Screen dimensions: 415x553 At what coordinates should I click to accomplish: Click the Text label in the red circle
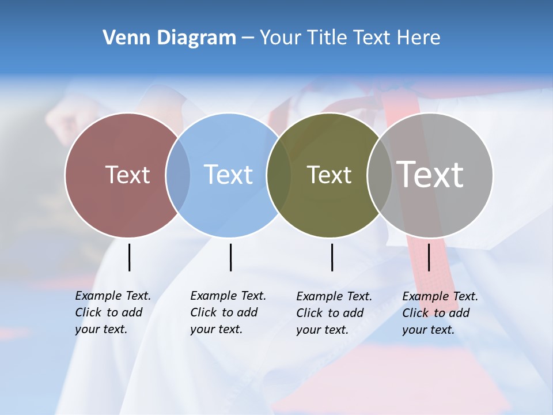127,175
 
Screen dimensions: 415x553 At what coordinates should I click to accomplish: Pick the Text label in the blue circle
228,175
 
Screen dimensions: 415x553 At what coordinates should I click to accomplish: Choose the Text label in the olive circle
329,175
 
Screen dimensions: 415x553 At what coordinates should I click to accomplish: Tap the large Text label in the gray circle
430,175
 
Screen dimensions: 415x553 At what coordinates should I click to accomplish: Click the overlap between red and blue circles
178,175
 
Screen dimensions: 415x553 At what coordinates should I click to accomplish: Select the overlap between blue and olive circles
279,175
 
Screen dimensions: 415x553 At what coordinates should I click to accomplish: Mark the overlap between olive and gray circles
380,175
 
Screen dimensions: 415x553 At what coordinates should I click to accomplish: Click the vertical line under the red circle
129,257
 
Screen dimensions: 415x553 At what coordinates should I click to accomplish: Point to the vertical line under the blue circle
230,257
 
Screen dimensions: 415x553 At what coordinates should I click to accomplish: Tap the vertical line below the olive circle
332,257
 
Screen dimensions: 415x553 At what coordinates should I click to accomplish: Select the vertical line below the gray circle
429,257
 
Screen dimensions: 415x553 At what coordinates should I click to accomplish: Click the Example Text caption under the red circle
113,312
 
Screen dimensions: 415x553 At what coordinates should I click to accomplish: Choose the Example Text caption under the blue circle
228,312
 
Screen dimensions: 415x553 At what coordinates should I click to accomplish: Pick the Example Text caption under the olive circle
334,313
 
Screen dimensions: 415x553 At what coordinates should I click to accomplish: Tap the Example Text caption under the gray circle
440,313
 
